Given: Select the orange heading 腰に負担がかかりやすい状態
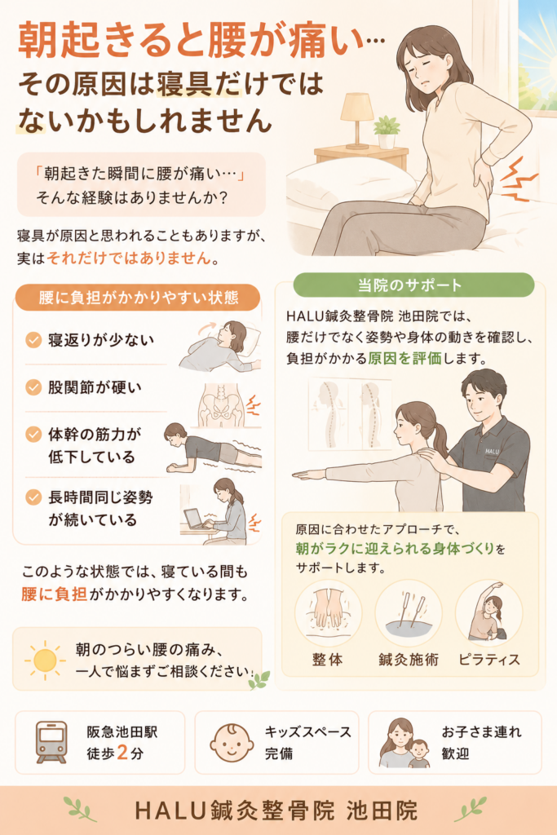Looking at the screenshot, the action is (x=139, y=297).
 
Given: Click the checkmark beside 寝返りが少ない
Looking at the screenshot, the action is (x=33, y=340).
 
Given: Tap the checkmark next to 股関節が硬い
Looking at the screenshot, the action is (x=33, y=387).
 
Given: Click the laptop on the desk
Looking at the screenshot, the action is (x=195, y=519).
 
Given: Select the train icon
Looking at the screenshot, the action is (x=51, y=742).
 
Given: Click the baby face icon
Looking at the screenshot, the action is (x=232, y=742).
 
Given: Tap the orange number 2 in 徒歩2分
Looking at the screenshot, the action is (x=122, y=753).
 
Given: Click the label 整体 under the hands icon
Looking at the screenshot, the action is (x=328, y=660).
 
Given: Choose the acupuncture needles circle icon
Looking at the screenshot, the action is (x=408, y=613).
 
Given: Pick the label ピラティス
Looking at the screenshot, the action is (x=488, y=660).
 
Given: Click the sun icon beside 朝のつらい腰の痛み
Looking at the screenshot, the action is (x=46, y=660).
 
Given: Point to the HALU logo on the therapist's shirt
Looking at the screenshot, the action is (x=492, y=451).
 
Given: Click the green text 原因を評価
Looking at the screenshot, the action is (x=404, y=359).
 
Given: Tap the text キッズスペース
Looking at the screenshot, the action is (x=308, y=732).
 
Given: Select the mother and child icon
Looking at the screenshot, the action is (x=404, y=743).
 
